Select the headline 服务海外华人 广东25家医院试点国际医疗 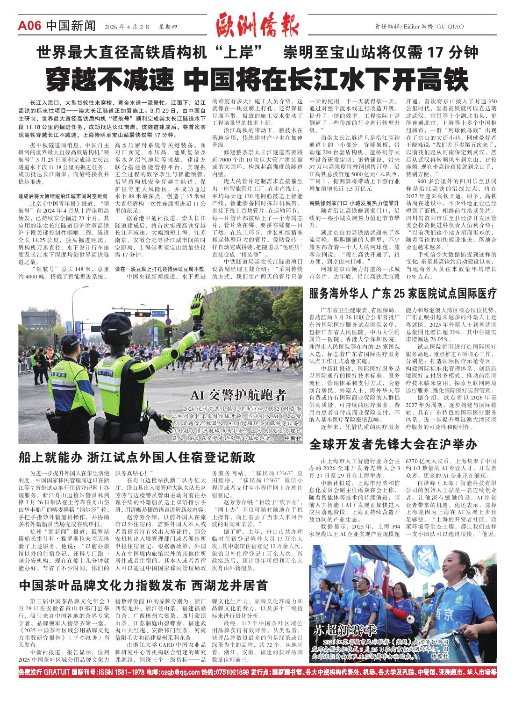[402, 294]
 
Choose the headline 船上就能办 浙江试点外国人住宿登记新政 [137, 457]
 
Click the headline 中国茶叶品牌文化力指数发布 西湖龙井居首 [143, 585]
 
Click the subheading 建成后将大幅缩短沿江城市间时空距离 [63, 196]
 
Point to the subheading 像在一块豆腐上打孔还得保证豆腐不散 [160, 269]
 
